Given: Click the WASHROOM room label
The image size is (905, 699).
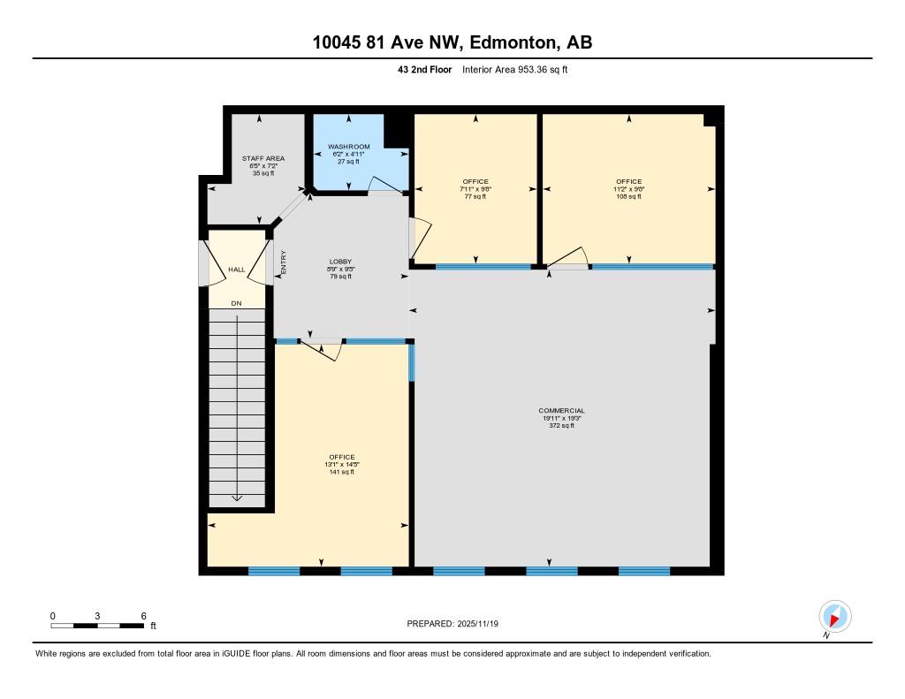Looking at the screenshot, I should point(348,147).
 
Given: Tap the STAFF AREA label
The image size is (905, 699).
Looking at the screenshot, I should point(263,159).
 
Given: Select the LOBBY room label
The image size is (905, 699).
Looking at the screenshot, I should point(340,262).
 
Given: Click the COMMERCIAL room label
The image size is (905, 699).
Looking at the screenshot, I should point(561,411).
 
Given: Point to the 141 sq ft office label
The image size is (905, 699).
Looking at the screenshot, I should point(341,458).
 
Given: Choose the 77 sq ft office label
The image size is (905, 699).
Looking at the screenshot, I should point(475,182).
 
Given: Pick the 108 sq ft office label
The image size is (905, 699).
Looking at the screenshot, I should point(629,182).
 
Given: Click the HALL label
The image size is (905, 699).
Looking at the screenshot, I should point(236,270).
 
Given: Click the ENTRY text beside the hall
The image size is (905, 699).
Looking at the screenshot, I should point(284,263).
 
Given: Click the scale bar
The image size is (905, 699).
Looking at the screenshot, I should point(97,626).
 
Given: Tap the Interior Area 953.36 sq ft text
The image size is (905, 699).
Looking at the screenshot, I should point(513,69).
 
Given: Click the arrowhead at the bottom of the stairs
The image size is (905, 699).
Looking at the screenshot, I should point(237,498).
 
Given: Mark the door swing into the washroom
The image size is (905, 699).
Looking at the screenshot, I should point(384,185).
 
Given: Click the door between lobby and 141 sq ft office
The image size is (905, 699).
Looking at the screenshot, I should point(322,347).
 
